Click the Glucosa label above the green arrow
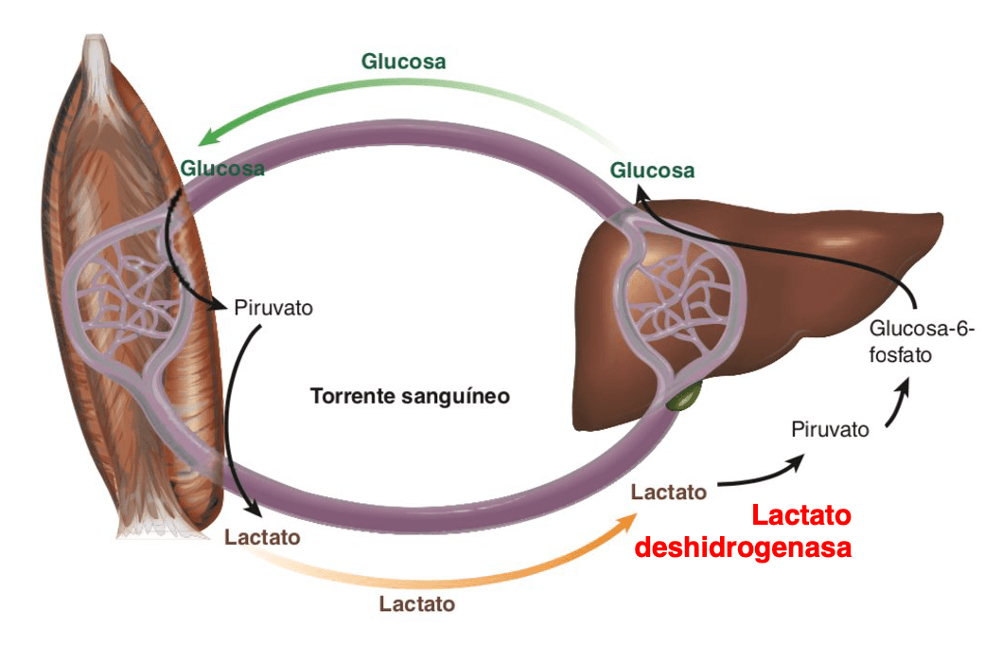click(403, 62)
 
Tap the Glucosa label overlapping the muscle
click(222, 169)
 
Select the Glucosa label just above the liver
click(652, 170)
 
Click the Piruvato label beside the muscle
click(273, 308)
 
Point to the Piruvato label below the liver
click(830, 430)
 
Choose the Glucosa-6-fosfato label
click(922, 342)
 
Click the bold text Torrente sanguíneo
click(410, 397)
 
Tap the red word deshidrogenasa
click(743, 547)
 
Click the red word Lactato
click(801, 515)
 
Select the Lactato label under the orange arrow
click(417, 604)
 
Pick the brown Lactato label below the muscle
click(262, 537)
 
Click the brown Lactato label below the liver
click(669, 492)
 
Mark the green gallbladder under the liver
click(683, 399)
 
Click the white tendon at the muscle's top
click(96, 57)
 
